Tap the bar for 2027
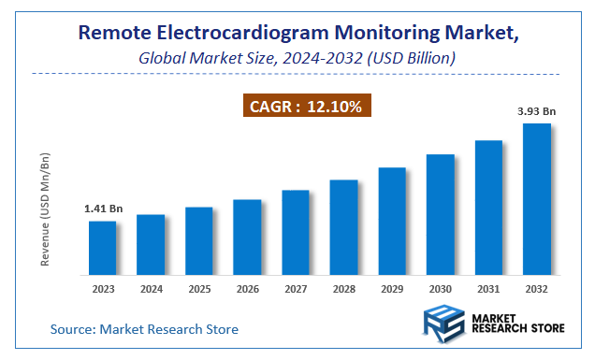coord(295,232)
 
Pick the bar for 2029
coord(392,221)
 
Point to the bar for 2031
coord(488,207)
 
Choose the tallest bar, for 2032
coord(536,198)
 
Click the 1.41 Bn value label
coord(102,209)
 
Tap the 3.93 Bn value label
coord(537,111)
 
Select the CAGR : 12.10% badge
coord(304,107)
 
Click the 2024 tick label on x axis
coord(151,289)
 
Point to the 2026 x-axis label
coord(247,289)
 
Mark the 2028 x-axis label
coord(343,289)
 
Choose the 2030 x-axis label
coord(440,289)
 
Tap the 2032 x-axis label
coord(536,289)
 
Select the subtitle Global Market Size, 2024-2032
coord(297,58)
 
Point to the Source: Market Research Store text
coord(144,329)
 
